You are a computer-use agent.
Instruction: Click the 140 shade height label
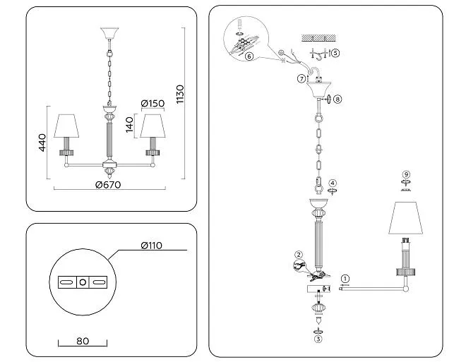[130, 124]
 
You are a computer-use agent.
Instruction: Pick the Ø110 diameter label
[152, 246]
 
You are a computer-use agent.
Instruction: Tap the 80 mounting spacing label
[83, 342]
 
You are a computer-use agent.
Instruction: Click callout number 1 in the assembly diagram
[345, 279]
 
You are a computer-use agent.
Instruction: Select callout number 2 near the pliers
[299, 255]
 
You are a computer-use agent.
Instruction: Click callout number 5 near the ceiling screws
[335, 53]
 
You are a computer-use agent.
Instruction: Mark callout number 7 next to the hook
[301, 78]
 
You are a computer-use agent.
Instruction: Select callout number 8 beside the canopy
[337, 99]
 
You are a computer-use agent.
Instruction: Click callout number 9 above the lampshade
[405, 174]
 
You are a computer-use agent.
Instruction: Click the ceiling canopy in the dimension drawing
[110, 35]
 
